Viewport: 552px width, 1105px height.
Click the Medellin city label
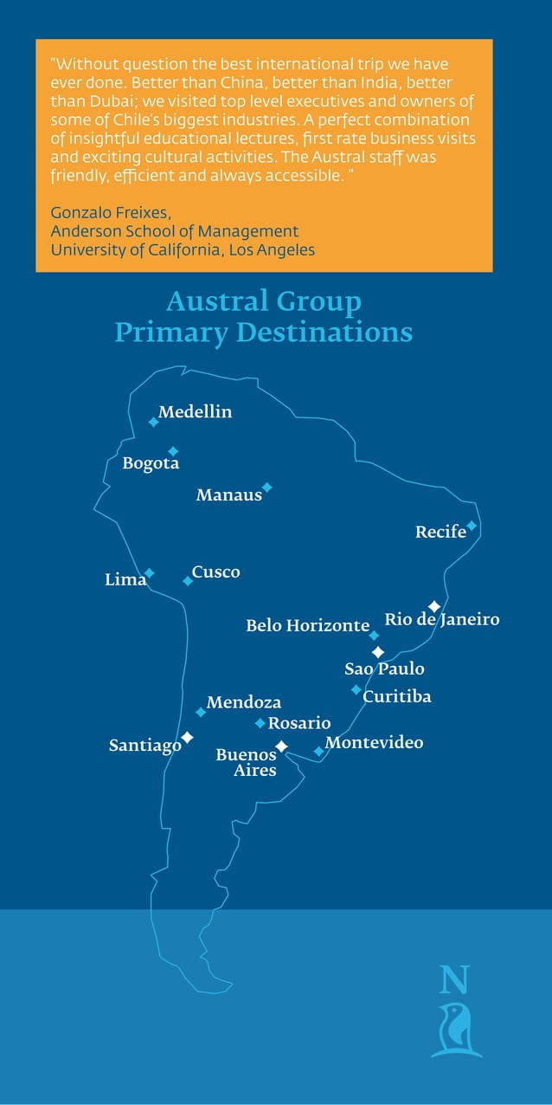195,412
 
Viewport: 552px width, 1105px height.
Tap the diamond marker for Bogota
173,451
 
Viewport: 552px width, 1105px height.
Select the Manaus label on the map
228,495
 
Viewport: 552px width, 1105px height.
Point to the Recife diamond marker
472,525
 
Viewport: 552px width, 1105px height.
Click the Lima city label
125,580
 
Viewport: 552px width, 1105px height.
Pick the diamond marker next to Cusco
188,580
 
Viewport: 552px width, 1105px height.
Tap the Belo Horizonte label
307,625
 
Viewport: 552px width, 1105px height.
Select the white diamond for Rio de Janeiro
434,606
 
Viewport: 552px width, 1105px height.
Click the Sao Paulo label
384,669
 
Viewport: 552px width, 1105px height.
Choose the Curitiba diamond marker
356,689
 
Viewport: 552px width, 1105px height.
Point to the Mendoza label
243,702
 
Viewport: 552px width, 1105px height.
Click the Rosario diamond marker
260,722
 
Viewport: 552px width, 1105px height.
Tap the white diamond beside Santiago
187,737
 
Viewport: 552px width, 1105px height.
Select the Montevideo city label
374,742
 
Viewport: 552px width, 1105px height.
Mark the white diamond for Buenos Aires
281,746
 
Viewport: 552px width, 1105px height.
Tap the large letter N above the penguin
454,979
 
